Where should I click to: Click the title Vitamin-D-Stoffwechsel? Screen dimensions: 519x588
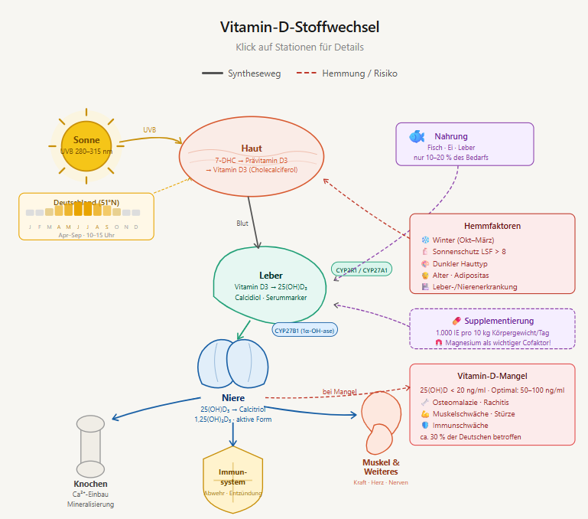click(x=300, y=28)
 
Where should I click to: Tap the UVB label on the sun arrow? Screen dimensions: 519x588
click(x=149, y=130)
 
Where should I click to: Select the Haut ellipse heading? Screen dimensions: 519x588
click(x=252, y=148)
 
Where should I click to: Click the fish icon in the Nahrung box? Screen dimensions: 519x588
click(x=417, y=136)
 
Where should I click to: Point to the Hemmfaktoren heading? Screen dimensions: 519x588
click(x=492, y=226)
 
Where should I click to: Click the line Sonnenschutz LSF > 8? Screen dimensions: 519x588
click(x=469, y=251)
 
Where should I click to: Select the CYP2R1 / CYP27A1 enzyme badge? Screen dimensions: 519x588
click(x=362, y=269)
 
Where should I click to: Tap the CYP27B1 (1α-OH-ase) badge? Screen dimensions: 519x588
click(x=304, y=330)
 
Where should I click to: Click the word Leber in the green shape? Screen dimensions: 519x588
click(x=271, y=275)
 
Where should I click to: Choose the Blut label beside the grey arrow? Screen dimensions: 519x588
click(x=242, y=224)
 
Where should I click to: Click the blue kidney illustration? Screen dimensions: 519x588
click(x=233, y=364)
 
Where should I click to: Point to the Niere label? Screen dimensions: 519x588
click(x=232, y=398)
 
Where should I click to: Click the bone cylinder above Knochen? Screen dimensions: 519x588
click(x=90, y=446)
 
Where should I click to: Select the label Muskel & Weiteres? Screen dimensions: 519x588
click(x=381, y=467)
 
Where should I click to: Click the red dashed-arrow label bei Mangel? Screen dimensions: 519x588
click(x=339, y=392)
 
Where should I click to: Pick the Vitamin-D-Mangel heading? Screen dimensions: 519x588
click(x=492, y=376)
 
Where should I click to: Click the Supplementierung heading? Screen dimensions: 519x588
click(x=498, y=321)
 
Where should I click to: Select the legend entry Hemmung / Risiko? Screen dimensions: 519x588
click(x=359, y=73)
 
